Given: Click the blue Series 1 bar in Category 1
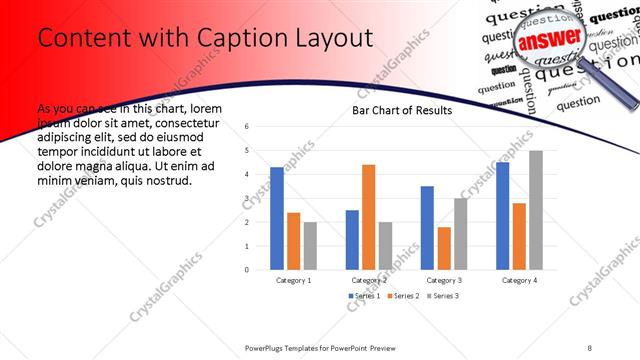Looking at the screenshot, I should (x=277, y=218).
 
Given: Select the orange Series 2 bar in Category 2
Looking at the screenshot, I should (x=368, y=217).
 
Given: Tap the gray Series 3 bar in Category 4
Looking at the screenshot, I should (x=536, y=210).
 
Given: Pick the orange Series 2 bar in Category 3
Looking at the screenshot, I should (x=443, y=248).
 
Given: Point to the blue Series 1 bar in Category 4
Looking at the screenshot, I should (x=502, y=216).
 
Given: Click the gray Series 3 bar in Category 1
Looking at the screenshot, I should (x=310, y=245).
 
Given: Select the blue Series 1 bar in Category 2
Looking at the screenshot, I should (x=352, y=239).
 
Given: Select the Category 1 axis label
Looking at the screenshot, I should (x=293, y=281).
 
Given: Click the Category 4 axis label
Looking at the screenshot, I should (x=518, y=281).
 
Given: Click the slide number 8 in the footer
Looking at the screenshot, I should (x=590, y=346).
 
